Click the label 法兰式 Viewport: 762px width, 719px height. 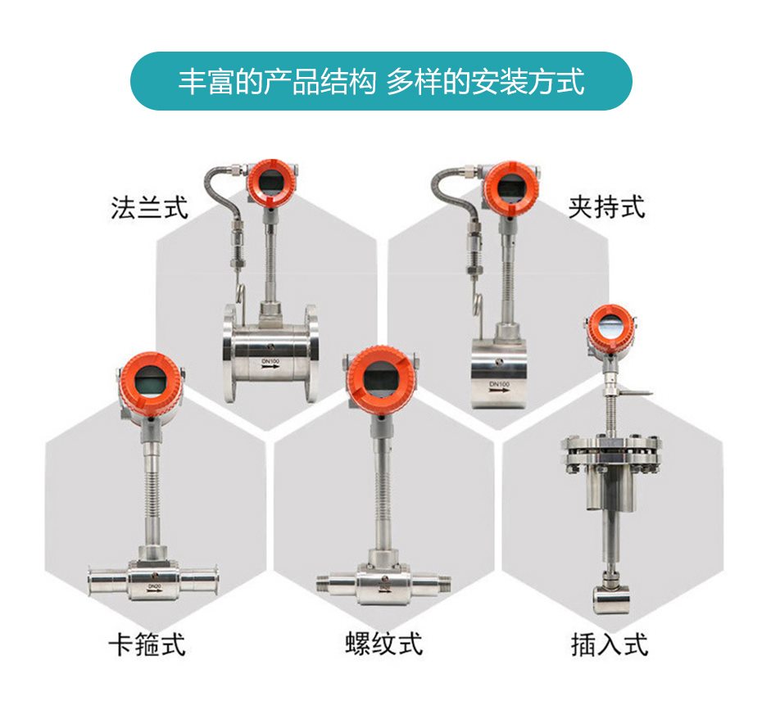pos(149,207)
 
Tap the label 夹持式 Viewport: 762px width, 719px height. pos(606,207)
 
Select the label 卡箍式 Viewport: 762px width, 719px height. pos(147,644)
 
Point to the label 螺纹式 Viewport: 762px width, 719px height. pos(384,644)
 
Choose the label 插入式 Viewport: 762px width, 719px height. pos(610,644)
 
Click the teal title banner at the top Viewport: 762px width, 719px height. pos(381,81)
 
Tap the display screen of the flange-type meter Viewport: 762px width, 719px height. pos(272,183)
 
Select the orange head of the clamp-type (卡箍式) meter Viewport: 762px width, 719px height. pos(151,381)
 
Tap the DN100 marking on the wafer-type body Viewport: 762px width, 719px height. pos(500,384)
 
